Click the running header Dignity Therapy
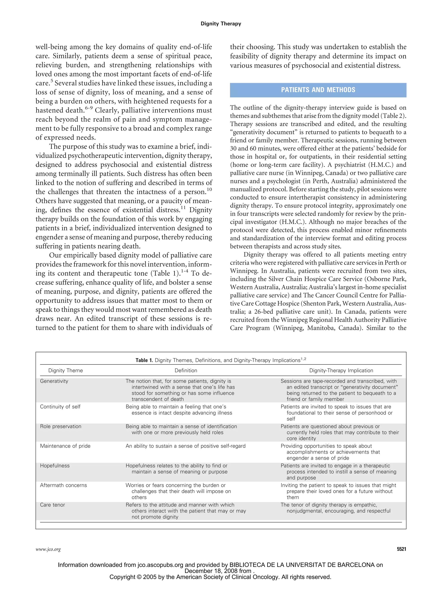(x=221, y=24)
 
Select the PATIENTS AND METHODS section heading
(x=318, y=90)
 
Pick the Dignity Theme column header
(x=65, y=370)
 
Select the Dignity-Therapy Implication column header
(x=341, y=370)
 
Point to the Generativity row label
(x=54, y=381)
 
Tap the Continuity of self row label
(x=60, y=407)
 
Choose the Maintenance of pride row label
(x=65, y=446)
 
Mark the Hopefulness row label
(x=55, y=466)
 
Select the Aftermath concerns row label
(x=63, y=485)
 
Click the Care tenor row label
(x=52, y=505)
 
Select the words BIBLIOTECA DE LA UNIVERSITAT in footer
(x=278, y=565)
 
